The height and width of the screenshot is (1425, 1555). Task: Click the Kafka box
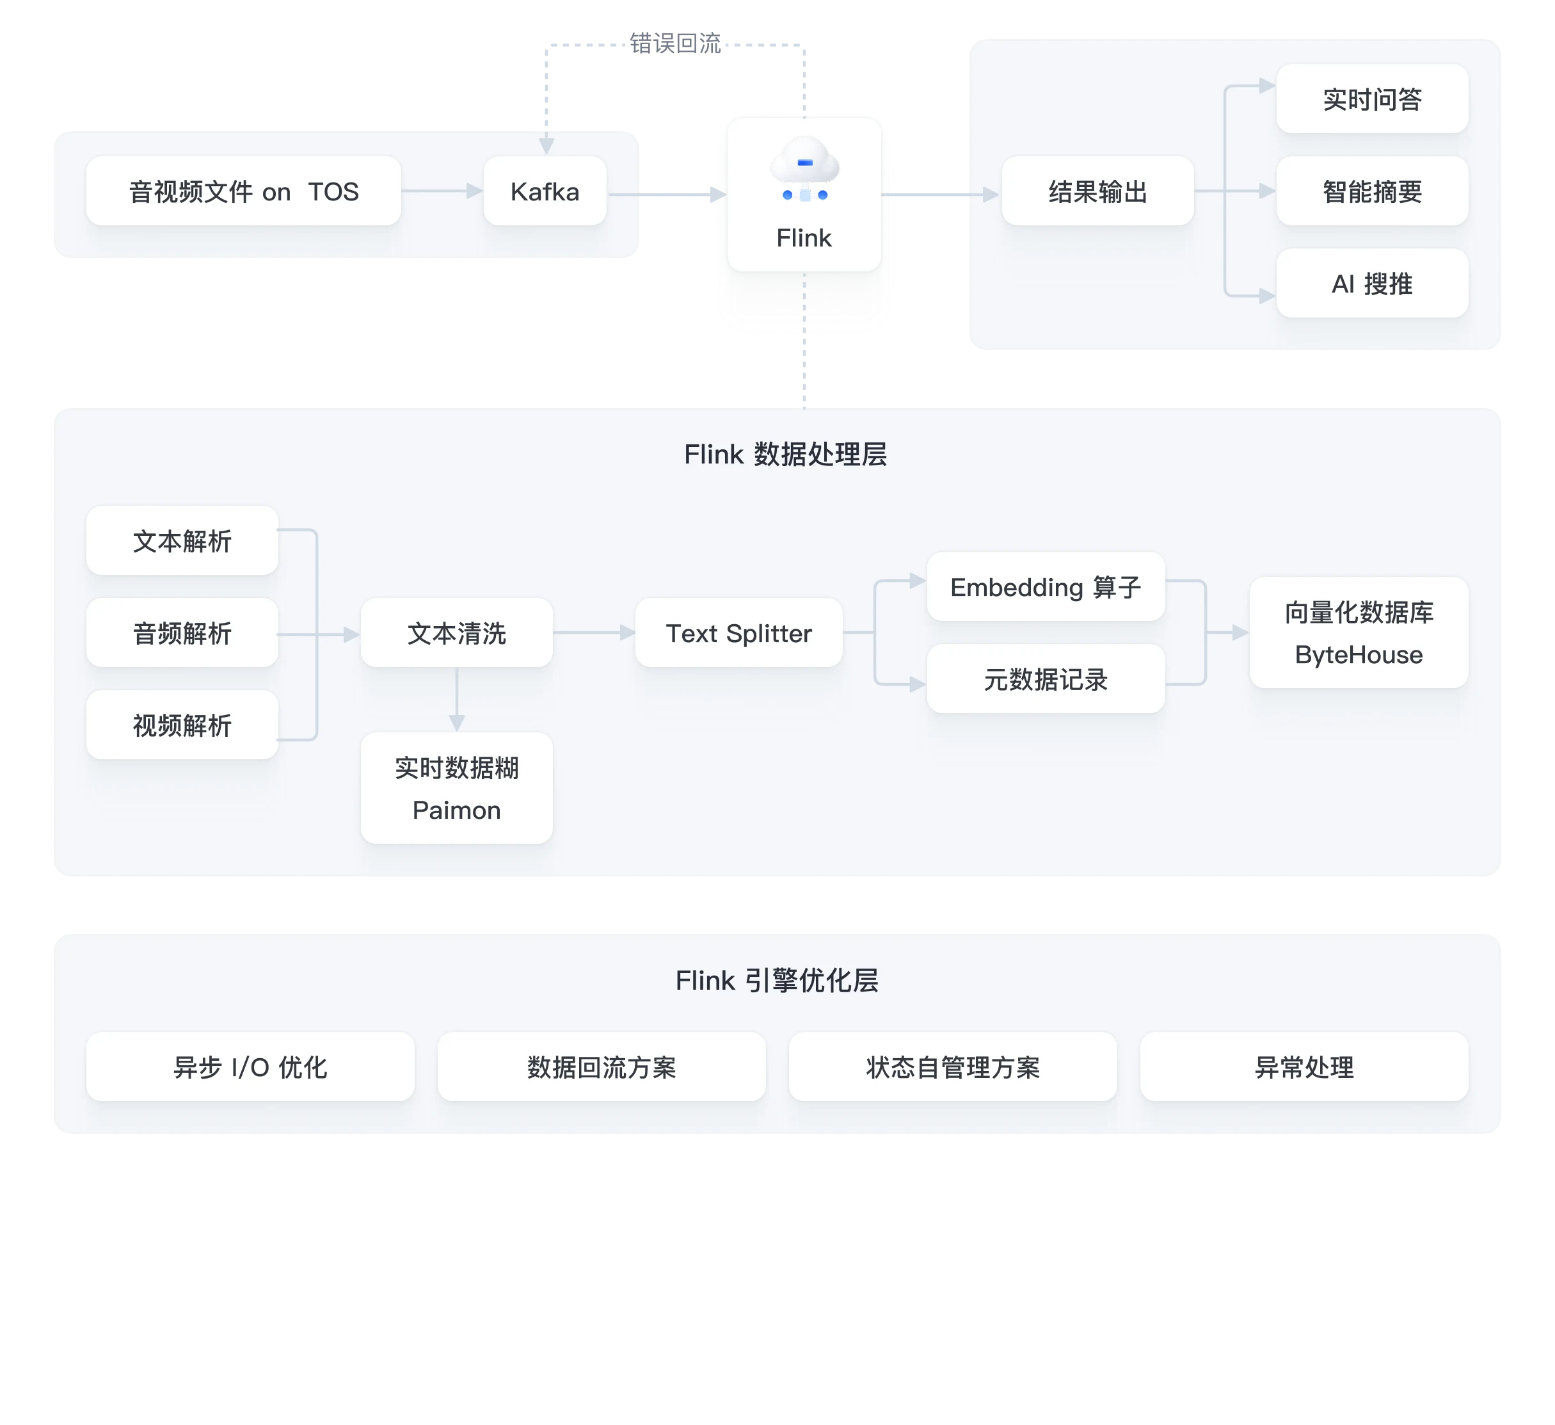point(545,191)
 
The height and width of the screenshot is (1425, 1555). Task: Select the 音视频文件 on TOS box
point(243,191)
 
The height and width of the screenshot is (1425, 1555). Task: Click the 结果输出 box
point(1097,191)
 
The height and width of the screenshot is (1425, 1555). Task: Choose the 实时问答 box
point(1371,99)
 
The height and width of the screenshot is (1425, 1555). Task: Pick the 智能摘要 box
point(1371,191)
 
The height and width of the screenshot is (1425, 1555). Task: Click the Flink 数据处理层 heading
point(785,455)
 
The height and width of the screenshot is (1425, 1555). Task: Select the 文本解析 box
point(182,541)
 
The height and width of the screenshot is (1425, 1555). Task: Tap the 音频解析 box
point(182,633)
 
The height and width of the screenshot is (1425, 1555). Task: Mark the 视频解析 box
point(182,725)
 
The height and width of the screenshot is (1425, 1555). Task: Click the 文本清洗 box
point(457,633)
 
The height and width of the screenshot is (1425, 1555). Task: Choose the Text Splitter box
point(738,633)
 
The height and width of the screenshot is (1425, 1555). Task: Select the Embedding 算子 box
point(1045,587)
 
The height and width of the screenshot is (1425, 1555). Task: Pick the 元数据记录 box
point(1045,680)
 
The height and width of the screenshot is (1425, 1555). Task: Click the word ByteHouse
point(1359,655)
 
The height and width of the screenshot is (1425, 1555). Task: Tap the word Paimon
point(457,810)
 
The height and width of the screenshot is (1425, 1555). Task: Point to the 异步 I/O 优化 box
point(250,1067)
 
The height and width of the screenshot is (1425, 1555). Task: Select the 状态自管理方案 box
point(953,1067)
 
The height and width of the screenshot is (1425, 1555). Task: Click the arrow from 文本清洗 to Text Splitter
point(593,632)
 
